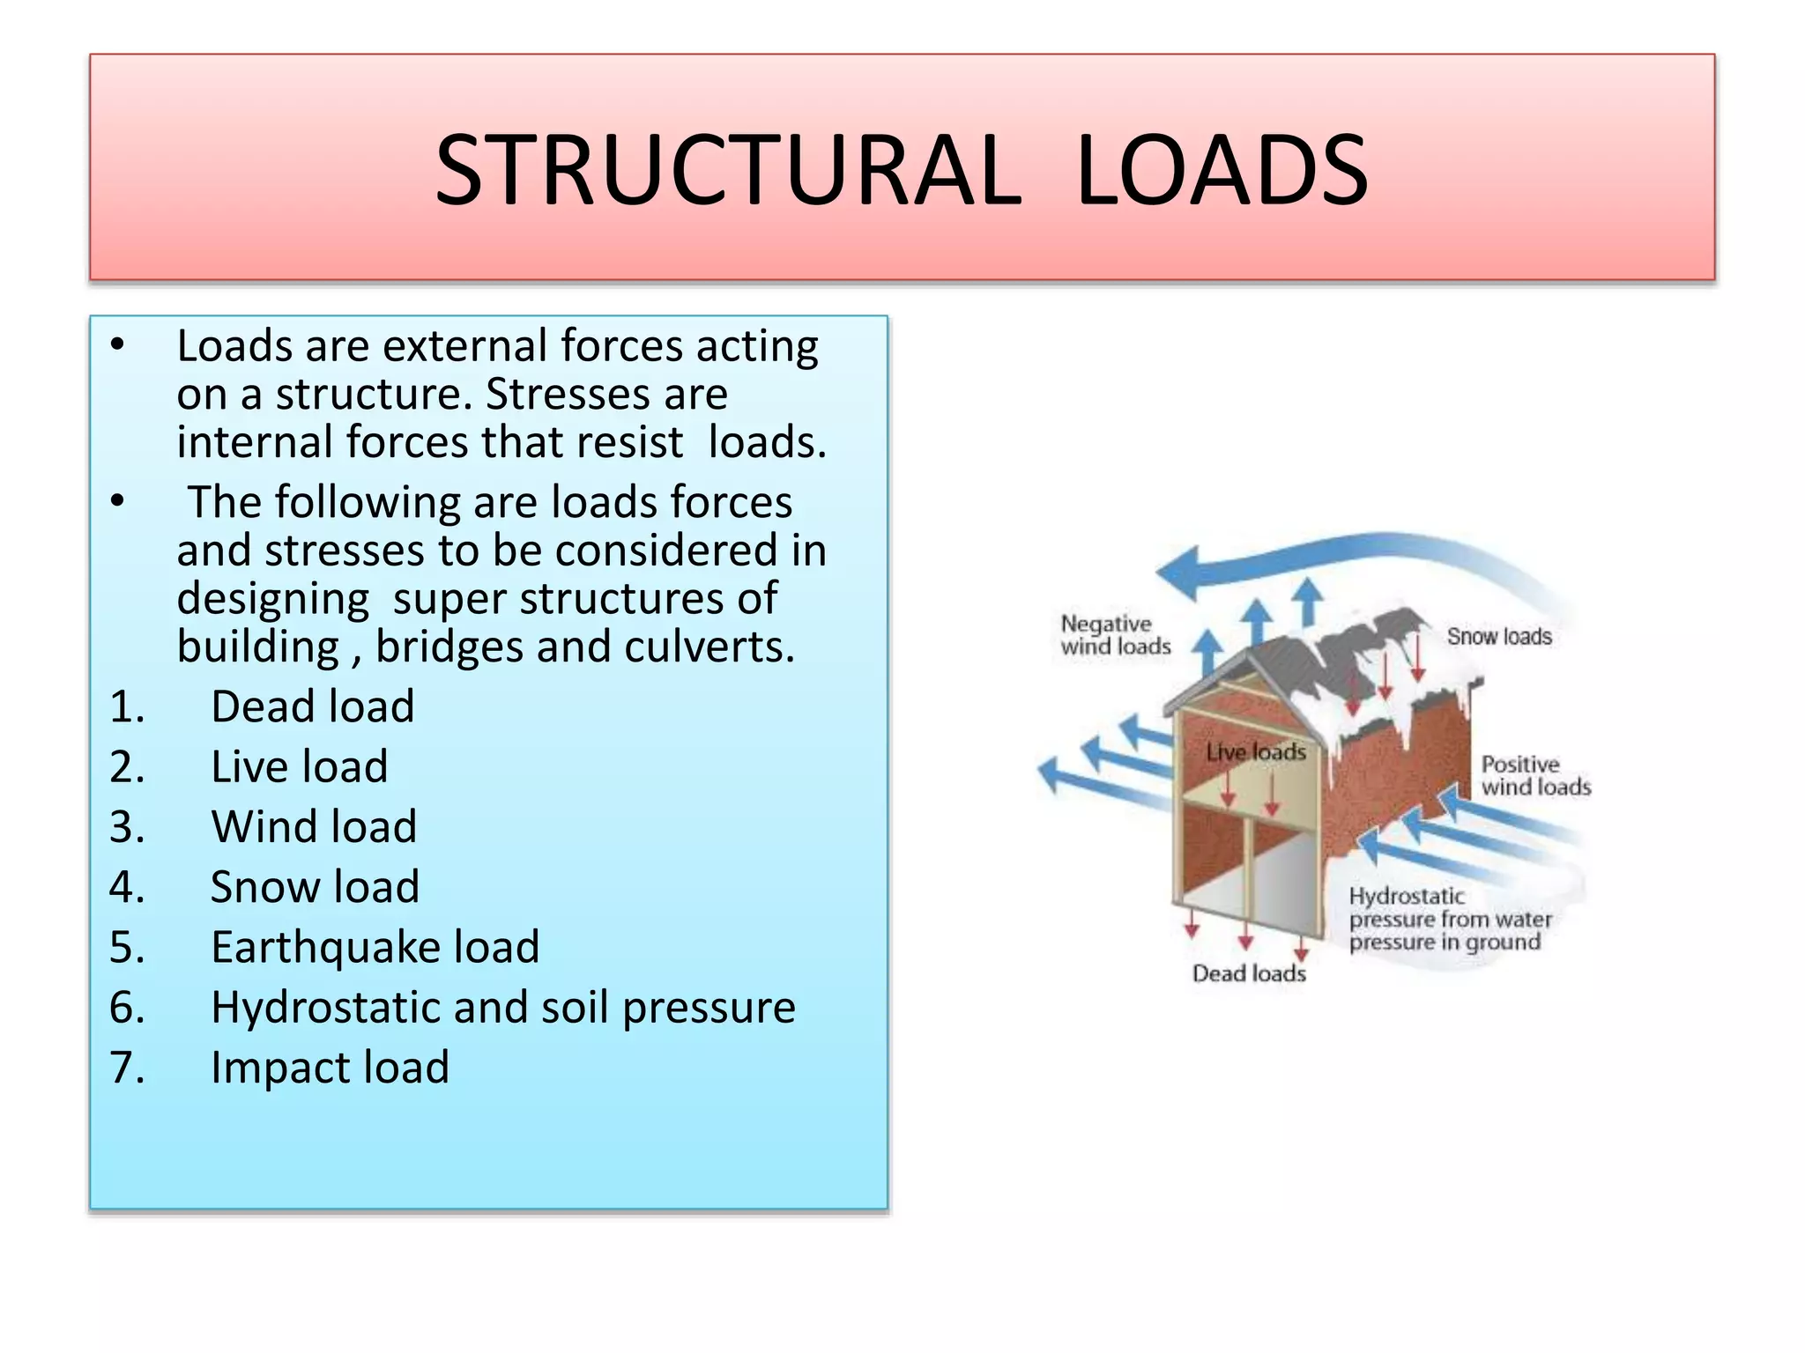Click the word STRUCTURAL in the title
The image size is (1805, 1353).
pos(728,170)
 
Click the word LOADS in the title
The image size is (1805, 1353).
pos(1222,170)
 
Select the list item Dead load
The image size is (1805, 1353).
pos(312,706)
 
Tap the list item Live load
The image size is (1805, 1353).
pos(299,766)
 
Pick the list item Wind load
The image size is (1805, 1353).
pos(314,827)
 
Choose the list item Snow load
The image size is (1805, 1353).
pos(315,887)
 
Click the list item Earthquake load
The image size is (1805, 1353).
pos(375,947)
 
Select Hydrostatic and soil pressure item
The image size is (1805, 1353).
pos(502,1007)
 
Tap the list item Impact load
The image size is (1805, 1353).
pos(330,1068)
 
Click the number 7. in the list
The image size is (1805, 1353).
pos(127,1068)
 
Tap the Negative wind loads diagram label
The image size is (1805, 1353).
pos(1115,635)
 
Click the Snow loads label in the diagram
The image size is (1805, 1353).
pos(1498,636)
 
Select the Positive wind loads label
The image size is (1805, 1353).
pos(1535,776)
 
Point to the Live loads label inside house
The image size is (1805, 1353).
pos(1255,751)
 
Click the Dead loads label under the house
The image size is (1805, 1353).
pos(1248,973)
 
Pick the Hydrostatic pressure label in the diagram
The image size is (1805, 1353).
pos(1449,919)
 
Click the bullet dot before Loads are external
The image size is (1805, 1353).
pos(118,346)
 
